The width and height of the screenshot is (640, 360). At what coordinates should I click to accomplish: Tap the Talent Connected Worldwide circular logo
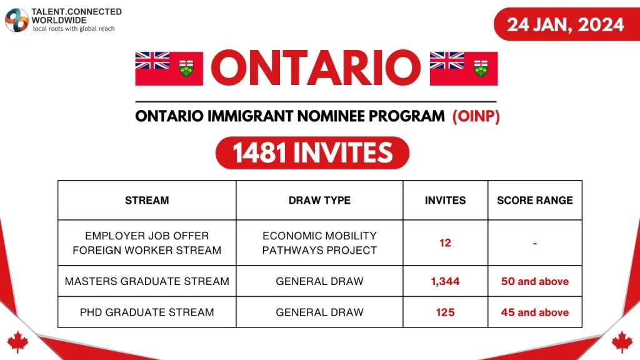coord(17,20)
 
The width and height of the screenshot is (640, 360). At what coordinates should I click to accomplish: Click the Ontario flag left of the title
coord(169,68)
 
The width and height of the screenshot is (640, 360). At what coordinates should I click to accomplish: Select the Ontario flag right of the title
coord(464,68)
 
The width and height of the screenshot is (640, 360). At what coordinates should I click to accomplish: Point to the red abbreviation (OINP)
coord(476,117)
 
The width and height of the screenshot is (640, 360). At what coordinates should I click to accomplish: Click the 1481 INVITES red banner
coord(312,153)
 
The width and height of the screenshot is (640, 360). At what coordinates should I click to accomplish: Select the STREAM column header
coord(147,201)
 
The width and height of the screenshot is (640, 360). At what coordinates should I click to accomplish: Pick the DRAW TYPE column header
coord(319,201)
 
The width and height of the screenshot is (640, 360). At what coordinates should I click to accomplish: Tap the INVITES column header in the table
coord(445,201)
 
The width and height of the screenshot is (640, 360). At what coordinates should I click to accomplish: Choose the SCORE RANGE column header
coord(535,201)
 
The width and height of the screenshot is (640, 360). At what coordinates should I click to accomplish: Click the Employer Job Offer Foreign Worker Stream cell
coord(147,243)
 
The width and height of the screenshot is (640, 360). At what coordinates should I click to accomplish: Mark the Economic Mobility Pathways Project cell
coord(319,243)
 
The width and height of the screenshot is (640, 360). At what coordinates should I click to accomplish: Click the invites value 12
coord(445,243)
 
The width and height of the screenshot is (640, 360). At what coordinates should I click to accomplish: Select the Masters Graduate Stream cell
coord(147,281)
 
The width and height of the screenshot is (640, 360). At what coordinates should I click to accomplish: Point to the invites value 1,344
coord(445,281)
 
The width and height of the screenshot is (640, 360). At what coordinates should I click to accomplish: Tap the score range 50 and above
coord(535,281)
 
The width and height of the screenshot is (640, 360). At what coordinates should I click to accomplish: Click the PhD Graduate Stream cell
coord(147,312)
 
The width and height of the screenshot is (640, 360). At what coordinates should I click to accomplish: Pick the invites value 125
coord(445,312)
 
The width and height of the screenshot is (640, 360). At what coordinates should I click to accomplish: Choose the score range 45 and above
coord(535,312)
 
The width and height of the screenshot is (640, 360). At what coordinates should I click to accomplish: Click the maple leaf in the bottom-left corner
coord(17,341)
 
